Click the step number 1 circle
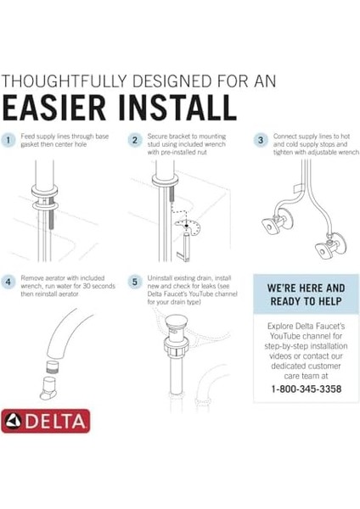[8, 140]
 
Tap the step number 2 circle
[134, 140]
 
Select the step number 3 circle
[262, 140]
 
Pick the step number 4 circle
[8, 281]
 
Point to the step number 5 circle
[134, 281]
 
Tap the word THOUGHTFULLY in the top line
[66, 81]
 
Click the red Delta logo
[45, 421]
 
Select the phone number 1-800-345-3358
[306, 389]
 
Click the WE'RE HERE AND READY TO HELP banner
[306, 294]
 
